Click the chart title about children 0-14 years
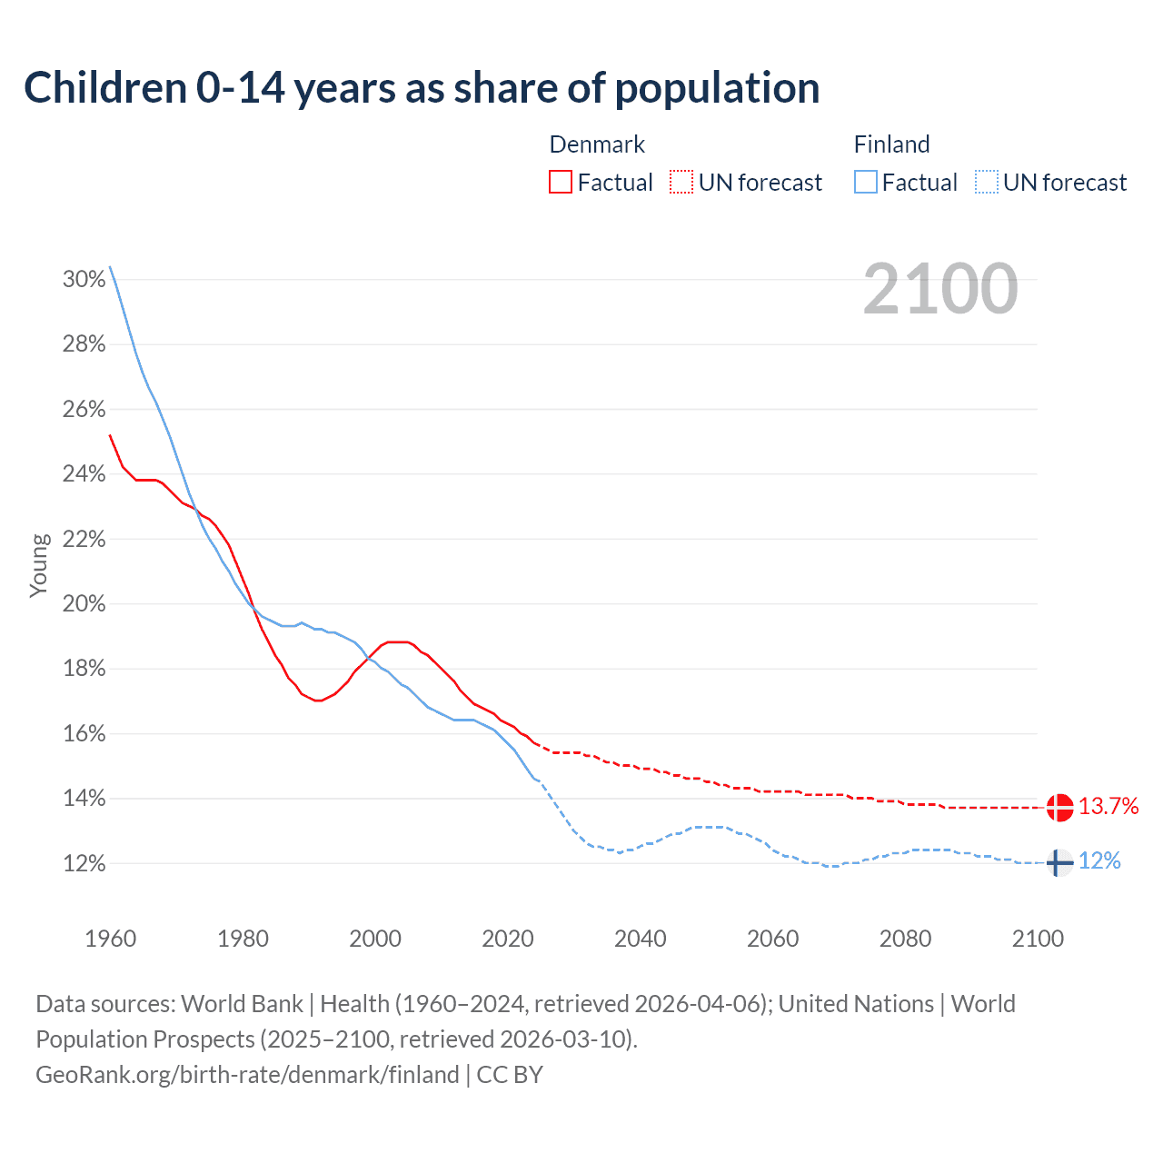point(422,88)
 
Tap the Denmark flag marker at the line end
point(1059,807)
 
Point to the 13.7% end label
point(1108,806)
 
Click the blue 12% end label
point(1099,861)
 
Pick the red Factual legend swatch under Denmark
point(561,183)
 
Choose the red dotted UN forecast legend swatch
point(681,183)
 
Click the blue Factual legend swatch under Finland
point(866,183)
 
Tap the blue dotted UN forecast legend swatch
point(986,183)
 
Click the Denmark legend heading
point(597,144)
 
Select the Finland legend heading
point(891,144)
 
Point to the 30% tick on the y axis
point(84,280)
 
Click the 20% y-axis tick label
point(84,604)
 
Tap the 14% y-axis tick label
point(84,799)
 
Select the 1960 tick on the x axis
point(110,939)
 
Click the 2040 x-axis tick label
point(641,939)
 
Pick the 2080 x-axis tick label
point(905,939)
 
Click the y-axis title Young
point(39,565)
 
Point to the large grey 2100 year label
point(940,289)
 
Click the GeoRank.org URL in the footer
point(247,1075)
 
